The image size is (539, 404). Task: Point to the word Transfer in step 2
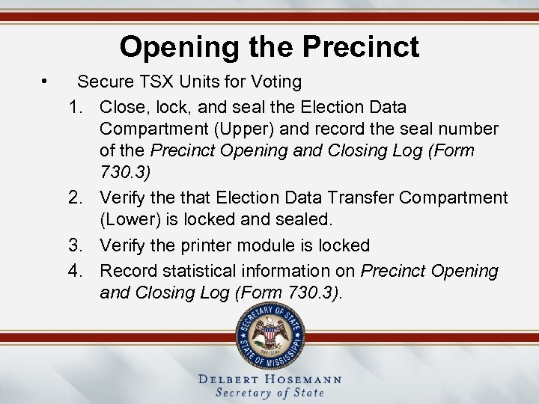[x=356, y=198]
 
